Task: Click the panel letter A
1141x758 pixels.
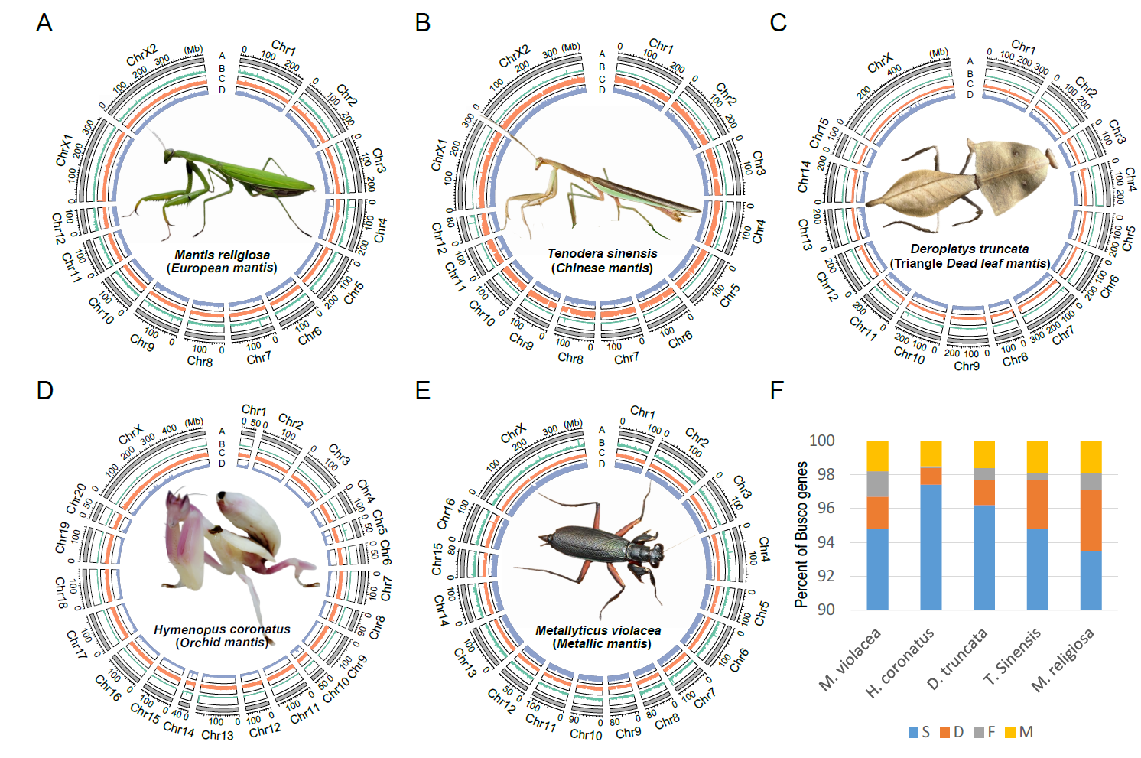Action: click(x=44, y=23)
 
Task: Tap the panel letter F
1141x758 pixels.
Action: click(x=777, y=391)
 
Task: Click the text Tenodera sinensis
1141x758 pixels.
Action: click(x=602, y=253)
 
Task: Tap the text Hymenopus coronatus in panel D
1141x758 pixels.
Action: click(x=222, y=629)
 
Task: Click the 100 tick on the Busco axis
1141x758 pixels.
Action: click(x=821, y=441)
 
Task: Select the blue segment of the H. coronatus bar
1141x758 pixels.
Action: click(x=931, y=546)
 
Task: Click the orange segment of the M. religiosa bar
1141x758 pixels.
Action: click(x=1091, y=520)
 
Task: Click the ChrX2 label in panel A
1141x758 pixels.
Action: click(x=141, y=55)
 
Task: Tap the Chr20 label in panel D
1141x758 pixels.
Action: click(x=77, y=498)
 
